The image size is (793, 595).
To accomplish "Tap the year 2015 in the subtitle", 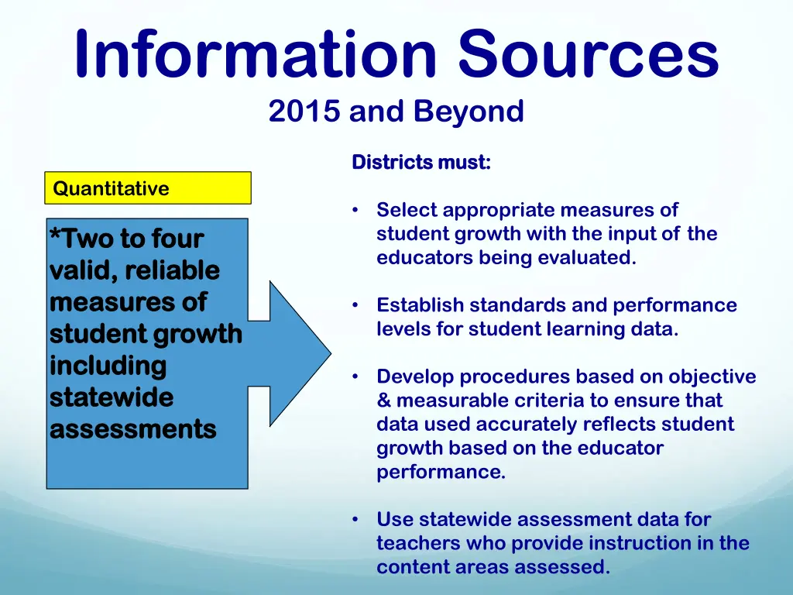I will pyautogui.click(x=305, y=112).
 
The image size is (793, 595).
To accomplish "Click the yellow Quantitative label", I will pyautogui.click(x=111, y=188).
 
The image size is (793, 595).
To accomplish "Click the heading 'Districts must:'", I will pyautogui.click(x=421, y=163).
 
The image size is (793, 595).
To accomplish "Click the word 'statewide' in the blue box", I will pyautogui.click(x=112, y=397).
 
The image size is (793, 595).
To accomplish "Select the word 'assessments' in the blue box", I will pyautogui.click(x=132, y=428).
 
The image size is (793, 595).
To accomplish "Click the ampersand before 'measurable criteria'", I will pyautogui.click(x=384, y=401).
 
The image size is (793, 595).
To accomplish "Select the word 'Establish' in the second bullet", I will pyautogui.click(x=420, y=305).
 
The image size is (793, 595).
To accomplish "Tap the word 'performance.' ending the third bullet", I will pyautogui.click(x=441, y=473).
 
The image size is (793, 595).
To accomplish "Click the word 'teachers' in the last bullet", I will pyautogui.click(x=418, y=543).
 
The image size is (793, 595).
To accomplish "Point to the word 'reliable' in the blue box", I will pyautogui.click(x=172, y=270).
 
